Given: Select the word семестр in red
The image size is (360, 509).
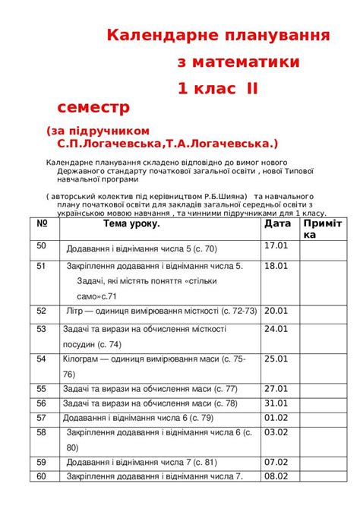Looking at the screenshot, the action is point(93,106).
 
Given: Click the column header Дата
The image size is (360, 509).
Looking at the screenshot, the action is point(277,224).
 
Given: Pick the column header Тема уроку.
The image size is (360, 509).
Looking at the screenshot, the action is point(131,224).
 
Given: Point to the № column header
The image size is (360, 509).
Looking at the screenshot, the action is point(43,224).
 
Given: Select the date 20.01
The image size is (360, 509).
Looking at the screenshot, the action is point(276,310).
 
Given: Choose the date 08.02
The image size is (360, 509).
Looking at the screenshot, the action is point(276,476).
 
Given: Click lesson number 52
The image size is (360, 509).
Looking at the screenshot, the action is point(42,311).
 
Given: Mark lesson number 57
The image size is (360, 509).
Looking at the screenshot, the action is point(42,417).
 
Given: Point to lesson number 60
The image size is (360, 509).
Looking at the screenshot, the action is point(42,476).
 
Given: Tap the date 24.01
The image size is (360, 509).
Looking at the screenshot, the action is point(276,329).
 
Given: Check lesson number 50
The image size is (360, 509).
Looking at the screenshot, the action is point(42,245).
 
